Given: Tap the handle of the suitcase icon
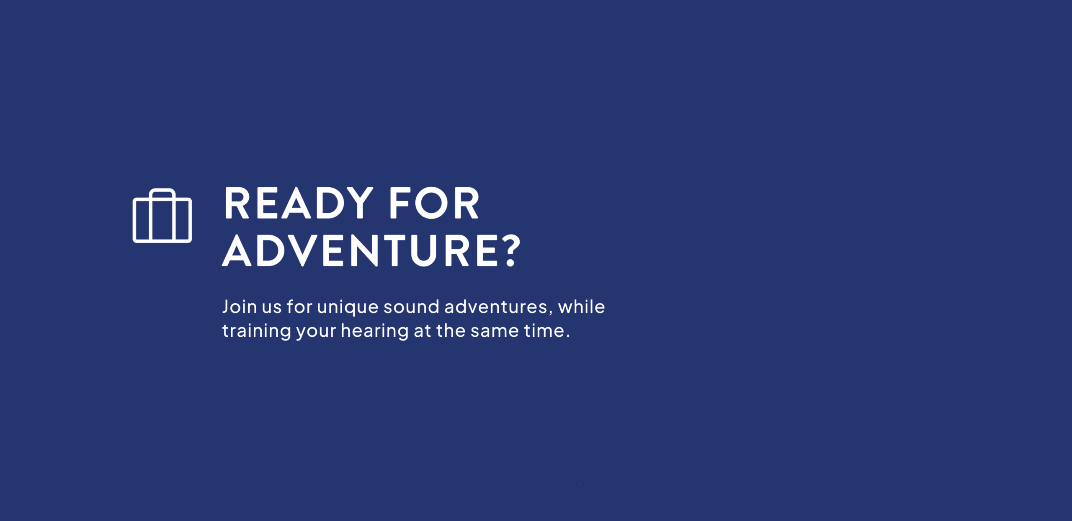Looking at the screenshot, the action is (x=162, y=192).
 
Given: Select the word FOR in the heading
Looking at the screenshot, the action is (x=434, y=203).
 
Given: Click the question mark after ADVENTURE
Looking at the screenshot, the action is (x=511, y=250).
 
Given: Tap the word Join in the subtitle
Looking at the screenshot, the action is (x=239, y=307).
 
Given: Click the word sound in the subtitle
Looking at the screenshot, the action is (x=411, y=307).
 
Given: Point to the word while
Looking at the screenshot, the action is (x=581, y=307).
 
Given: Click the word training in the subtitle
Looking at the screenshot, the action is (x=256, y=332).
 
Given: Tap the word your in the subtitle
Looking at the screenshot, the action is (x=316, y=333).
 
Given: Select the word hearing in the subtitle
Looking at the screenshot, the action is (x=374, y=332).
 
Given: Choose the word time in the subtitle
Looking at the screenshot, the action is (x=544, y=330).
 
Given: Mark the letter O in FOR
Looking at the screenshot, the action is (x=431, y=203).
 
